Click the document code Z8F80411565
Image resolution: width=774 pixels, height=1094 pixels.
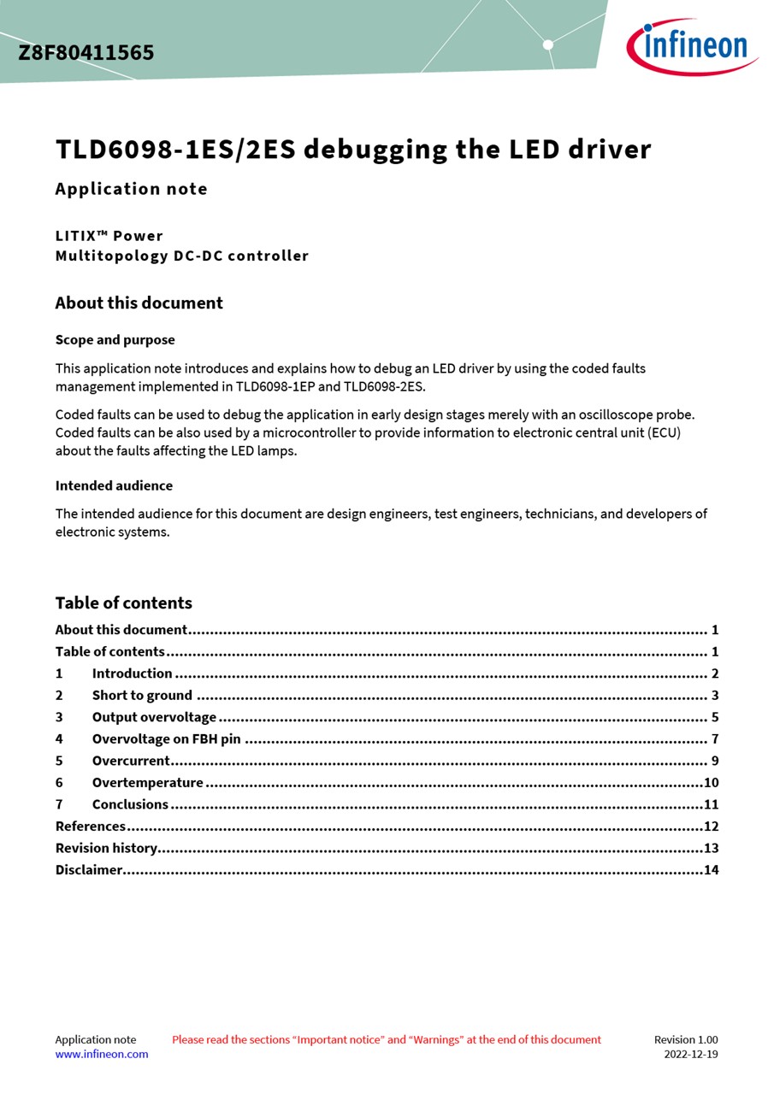[x=86, y=53]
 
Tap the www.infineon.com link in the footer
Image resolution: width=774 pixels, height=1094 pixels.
[x=102, y=1054]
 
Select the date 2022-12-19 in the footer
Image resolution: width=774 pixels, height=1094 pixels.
[x=690, y=1054]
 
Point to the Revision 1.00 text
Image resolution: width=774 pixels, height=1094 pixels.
[x=686, y=1039]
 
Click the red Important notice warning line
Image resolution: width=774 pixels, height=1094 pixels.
[x=387, y=1039]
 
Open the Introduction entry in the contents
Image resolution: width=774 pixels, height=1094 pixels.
[x=132, y=673]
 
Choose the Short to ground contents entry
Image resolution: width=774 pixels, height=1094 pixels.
[x=142, y=696]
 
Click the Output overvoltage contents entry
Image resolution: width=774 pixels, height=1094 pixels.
[x=154, y=717]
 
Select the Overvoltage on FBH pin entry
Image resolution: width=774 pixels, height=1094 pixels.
[x=166, y=739]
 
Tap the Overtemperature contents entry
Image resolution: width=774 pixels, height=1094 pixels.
[x=147, y=783]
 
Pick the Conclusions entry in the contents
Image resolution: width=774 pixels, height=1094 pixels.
[x=130, y=804]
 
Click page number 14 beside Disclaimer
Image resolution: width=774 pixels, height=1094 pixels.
[x=711, y=870]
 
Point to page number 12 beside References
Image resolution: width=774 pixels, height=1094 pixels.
[x=711, y=826]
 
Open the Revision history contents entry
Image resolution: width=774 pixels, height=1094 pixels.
[x=106, y=848]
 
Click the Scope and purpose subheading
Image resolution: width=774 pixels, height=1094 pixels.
[x=115, y=339]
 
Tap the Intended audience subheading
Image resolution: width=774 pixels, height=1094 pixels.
[x=114, y=485]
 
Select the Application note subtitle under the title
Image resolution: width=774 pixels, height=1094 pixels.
[x=131, y=189]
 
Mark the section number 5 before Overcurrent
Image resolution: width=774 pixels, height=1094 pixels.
[x=59, y=761]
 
